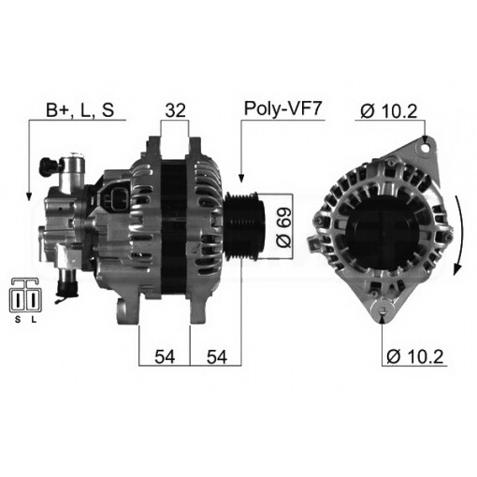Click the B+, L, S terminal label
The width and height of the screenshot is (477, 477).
80,110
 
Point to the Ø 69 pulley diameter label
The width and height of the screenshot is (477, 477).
285,227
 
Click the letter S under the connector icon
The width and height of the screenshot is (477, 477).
16,320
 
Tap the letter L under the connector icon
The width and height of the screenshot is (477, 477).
34,320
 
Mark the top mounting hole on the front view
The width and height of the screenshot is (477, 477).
426,144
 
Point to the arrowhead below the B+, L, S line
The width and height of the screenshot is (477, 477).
29,195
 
